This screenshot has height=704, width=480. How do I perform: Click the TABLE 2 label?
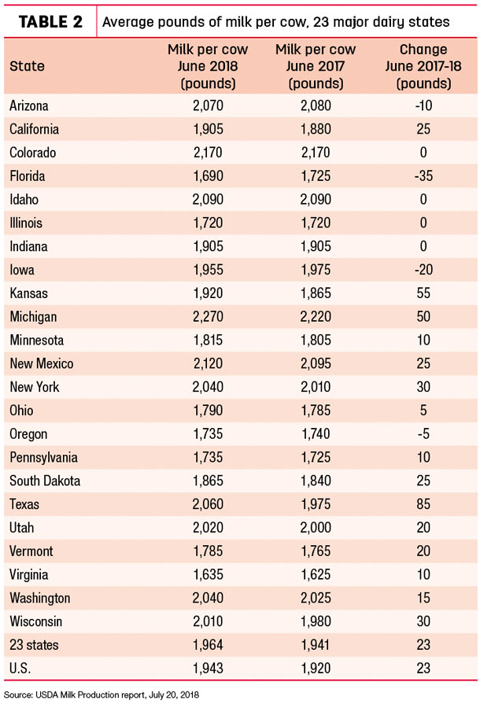coord(50,21)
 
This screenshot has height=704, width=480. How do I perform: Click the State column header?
coord(27,66)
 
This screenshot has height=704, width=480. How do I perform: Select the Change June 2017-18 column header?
coord(423,66)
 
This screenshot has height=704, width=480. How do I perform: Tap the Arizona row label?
coord(29,106)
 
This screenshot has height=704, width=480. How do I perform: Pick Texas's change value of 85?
coord(423,504)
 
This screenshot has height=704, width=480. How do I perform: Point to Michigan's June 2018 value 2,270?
coord(208,316)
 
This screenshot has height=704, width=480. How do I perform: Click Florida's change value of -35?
coord(423,176)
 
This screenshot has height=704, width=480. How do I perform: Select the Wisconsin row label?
coord(36,621)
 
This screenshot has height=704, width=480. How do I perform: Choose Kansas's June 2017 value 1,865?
coord(316,293)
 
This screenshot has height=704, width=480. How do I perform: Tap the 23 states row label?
coord(34,645)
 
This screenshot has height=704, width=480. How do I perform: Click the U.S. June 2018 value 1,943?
coord(208,668)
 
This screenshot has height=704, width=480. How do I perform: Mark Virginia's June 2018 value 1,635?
coord(208,574)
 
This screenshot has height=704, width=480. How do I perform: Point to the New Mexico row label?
coord(41,363)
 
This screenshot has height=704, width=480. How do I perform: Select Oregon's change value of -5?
coord(423,433)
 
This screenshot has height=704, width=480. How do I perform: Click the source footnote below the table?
coord(102,695)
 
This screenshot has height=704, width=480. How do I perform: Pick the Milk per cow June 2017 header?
coord(316,66)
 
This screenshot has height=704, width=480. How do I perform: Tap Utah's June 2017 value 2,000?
coord(316,528)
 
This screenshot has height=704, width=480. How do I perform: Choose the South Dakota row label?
coord(45,481)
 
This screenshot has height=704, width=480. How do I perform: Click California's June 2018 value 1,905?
coord(208,129)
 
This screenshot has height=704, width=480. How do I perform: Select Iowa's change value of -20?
coord(423,270)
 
